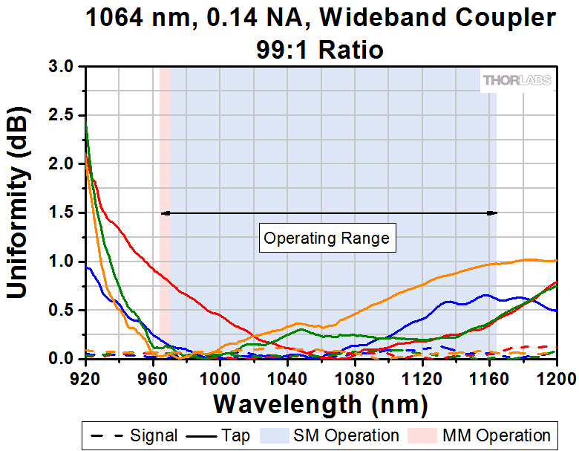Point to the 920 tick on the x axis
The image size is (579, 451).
click(86, 375)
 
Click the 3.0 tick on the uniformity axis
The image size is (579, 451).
click(62, 66)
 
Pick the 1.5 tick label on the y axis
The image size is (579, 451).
click(62, 212)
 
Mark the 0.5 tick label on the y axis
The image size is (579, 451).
click(62, 311)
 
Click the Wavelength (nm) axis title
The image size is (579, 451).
click(321, 404)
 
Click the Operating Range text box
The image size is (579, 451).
click(327, 239)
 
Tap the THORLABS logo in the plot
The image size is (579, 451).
click(517, 80)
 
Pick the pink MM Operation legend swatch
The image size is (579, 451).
click(427, 435)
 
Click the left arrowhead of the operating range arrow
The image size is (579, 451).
click(165, 213)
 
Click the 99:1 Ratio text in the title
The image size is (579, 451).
click(321, 50)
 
